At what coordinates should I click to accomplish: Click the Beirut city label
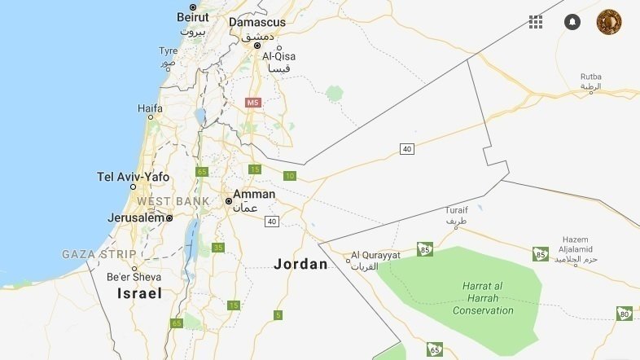click(193, 16)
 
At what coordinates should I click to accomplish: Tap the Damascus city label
click(257, 22)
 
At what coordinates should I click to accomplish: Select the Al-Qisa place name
click(278, 56)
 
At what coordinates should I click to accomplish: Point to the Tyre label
click(168, 50)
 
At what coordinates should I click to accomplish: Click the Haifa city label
click(150, 108)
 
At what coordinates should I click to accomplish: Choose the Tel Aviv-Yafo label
click(134, 177)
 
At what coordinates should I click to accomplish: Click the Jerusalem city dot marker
click(169, 218)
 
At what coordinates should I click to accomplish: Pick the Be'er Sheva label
click(134, 276)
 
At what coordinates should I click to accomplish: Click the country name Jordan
click(300, 264)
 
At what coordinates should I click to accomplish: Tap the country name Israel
click(139, 293)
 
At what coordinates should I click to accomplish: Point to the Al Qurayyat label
click(375, 255)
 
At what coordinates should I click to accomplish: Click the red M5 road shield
click(253, 103)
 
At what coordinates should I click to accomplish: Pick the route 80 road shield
click(625, 314)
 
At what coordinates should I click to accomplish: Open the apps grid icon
click(536, 22)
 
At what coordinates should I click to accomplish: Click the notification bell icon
click(572, 22)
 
